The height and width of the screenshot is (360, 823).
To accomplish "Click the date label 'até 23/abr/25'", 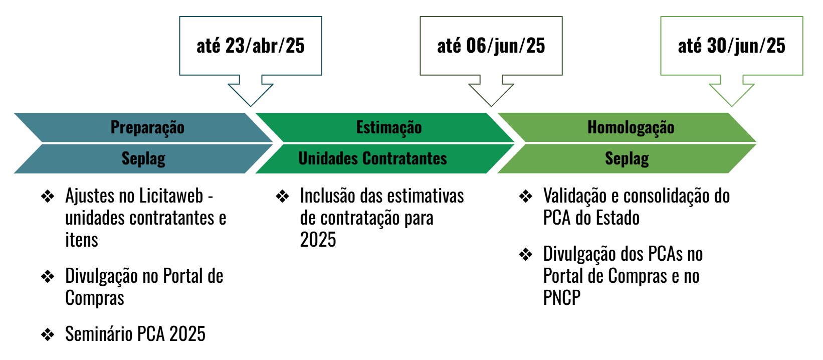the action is click(251, 46).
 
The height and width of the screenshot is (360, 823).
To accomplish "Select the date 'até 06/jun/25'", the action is click(491, 46).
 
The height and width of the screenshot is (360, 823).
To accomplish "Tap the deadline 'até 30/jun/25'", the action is click(731, 46).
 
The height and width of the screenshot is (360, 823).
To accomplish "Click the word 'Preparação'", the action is click(147, 127).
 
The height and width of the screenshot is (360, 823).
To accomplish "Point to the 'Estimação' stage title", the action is click(389, 127).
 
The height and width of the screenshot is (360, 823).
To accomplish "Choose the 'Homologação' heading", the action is click(631, 127).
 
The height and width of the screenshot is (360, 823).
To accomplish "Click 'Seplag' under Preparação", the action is click(143, 158).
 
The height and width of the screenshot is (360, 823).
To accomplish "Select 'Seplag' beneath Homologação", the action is click(627, 158).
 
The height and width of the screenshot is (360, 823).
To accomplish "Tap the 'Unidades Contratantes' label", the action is click(372, 158).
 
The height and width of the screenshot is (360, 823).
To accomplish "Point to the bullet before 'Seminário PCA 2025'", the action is click(48, 334).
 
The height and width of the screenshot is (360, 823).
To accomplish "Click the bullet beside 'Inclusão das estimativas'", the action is click(283, 197).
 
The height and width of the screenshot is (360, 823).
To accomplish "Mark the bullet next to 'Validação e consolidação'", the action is click(526, 197).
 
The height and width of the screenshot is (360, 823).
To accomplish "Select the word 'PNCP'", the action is click(562, 297).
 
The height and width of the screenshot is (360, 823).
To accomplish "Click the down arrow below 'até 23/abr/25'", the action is click(251, 91).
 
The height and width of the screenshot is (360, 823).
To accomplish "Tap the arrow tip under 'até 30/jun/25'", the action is click(731, 107).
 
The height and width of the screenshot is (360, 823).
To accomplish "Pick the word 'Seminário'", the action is click(99, 334).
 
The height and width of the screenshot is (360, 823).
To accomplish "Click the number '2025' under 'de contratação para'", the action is click(318, 240).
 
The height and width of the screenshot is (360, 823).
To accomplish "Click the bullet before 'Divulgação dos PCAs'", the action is click(526, 255).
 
